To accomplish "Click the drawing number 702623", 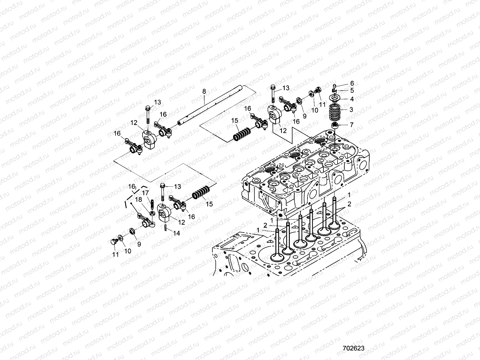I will pyautogui.click(x=353, y=348).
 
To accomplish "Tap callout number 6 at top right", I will pyautogui.click(x=352, y=83).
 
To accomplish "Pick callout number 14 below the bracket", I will pyautogui.click(x=177, y=233).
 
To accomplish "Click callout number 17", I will pyautogui.click(x=145, y=193).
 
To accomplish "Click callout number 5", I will pyautogui.click(x=352, y=90).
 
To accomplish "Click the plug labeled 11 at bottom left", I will pyautogui.click(x=113, y=242).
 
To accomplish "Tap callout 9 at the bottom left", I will pyautogui.click(x=139, y=244).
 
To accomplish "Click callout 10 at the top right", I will pyautogui.click(x=314, y=110).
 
